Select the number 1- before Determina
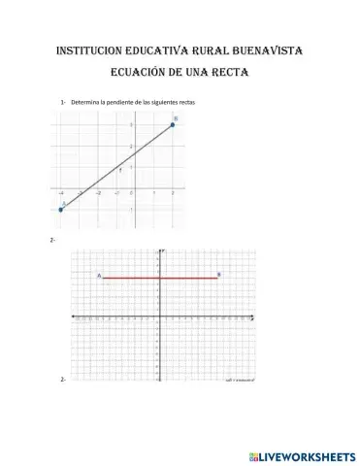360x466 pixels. point(63,102)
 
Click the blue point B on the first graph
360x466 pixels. point(172,124)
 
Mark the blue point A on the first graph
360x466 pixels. point(60,209)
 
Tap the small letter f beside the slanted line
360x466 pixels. point(120,168)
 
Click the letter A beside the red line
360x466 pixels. point(98,276)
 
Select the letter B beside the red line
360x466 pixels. point(219,275)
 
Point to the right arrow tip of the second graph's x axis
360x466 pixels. point(255,317)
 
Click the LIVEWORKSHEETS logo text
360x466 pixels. point(303,454)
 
